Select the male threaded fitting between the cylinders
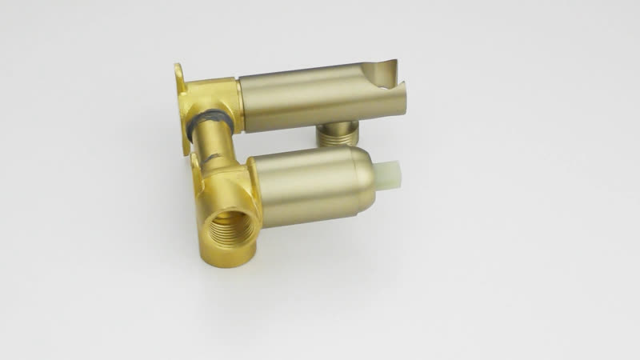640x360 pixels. point(336,133)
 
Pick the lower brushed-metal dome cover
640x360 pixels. point(312,186)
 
